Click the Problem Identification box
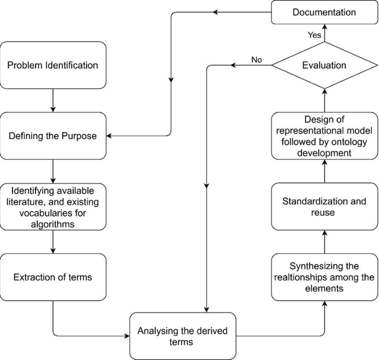[x=53, y=65]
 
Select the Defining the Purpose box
[x=53, y=136]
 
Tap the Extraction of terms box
[x=53, y=277]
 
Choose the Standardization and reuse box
[x=324, y=207]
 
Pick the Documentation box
[x=324, y=12]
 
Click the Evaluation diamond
[x=324, y=65]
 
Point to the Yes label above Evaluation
[x=314, y=36]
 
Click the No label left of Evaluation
[x=256, y=60]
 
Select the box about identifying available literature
[x=53, y=207]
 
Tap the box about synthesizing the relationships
[x=324, y=277]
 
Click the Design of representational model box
[x=324, y=136]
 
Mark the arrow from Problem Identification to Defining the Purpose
[x=53, y=100]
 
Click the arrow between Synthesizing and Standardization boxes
[x=324, y=242]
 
